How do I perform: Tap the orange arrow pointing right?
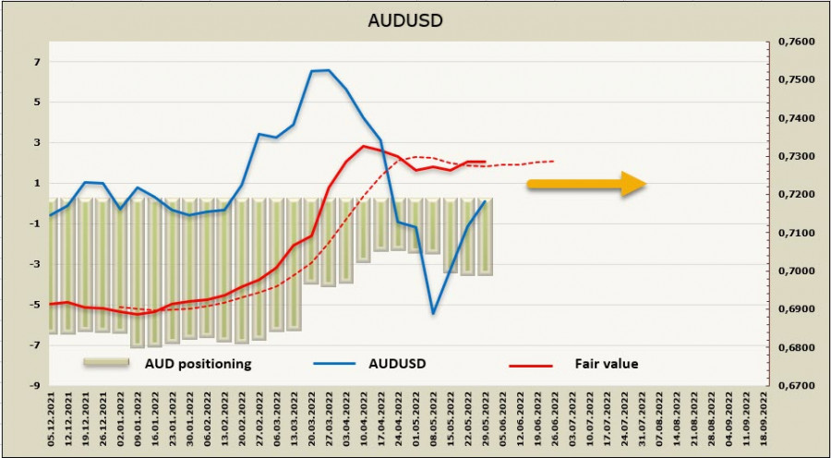point(586,184)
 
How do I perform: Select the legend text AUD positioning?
point(198,364)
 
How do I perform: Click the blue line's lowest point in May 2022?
point(433,313)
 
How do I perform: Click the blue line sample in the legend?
point(334,365)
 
